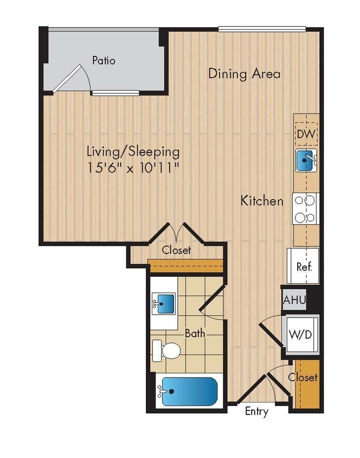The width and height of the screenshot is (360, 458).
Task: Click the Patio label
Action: point(103,60)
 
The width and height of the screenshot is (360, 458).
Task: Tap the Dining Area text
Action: point(245,73)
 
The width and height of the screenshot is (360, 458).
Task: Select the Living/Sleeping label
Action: point(133,151)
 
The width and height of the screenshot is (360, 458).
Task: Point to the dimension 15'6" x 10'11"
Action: point(133,168)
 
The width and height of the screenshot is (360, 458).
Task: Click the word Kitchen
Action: point(262,201)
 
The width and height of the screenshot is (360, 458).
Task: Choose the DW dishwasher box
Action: point(306,133)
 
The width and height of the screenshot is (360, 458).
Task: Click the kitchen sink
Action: point(306,161)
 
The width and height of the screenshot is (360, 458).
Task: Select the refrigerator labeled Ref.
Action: point(304,266)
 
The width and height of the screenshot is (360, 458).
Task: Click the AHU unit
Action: point(294,300)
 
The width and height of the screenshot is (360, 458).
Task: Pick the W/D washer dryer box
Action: point(300,333)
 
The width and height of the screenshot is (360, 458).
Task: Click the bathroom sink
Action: point(164,303)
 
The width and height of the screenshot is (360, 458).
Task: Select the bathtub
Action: point(188,391)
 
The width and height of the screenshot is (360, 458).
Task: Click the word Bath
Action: point(195,333)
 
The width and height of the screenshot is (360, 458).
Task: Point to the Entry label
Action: point(256,411)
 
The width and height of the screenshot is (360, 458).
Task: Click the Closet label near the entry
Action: point(303,377)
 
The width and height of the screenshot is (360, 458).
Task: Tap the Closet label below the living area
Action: point(177,250)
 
